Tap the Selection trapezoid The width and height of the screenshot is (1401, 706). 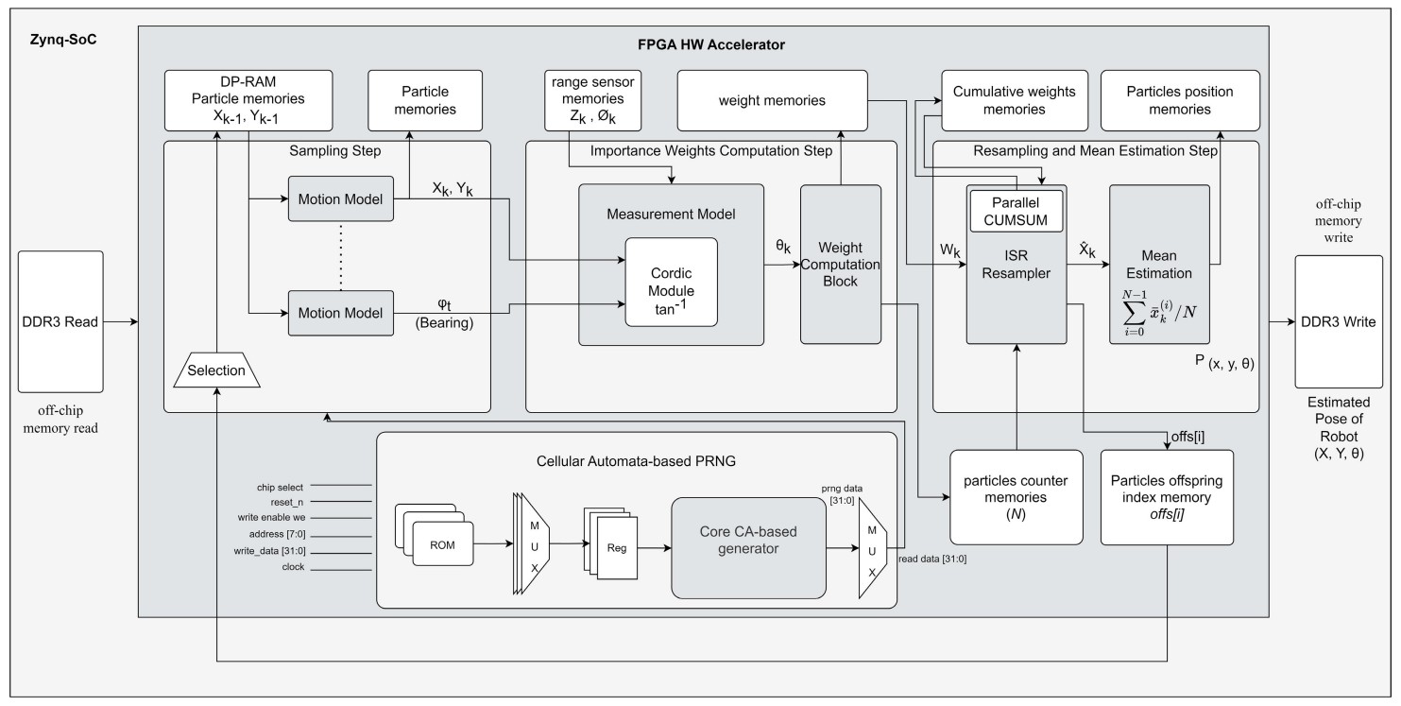coord(216,370)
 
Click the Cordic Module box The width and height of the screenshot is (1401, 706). coord(671,282)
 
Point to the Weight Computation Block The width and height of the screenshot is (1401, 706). coord(841,264)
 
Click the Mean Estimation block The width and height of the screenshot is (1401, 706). coord(1159,264)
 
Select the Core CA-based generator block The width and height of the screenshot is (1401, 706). coord(747,548)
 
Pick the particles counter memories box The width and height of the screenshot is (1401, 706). coord(1016,497)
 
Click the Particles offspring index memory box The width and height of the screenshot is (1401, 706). coord(1167,497)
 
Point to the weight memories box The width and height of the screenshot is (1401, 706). coord(772,99)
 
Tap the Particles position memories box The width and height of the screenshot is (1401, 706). coord(1180,99)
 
